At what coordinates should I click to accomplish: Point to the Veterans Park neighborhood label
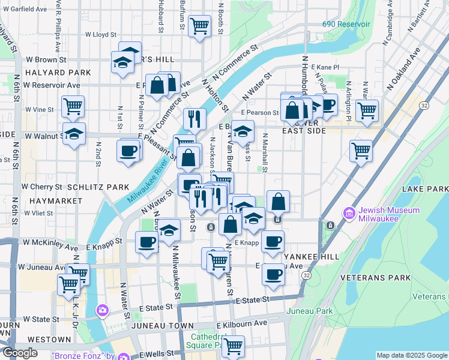[375, 278]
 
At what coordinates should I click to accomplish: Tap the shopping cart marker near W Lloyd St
[199, 26]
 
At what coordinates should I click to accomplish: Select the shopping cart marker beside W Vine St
[73, 106]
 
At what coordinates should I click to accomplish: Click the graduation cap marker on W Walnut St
[74, 134]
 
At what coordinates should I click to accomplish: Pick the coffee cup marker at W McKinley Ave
[146, 242]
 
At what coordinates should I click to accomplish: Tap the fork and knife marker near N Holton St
[194, 119]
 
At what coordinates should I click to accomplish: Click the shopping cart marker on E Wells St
[233, 346]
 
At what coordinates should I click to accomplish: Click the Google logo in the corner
[20, 352]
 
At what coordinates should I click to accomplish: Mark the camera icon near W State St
[103, 310]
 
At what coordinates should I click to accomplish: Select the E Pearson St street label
[260, 112]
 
